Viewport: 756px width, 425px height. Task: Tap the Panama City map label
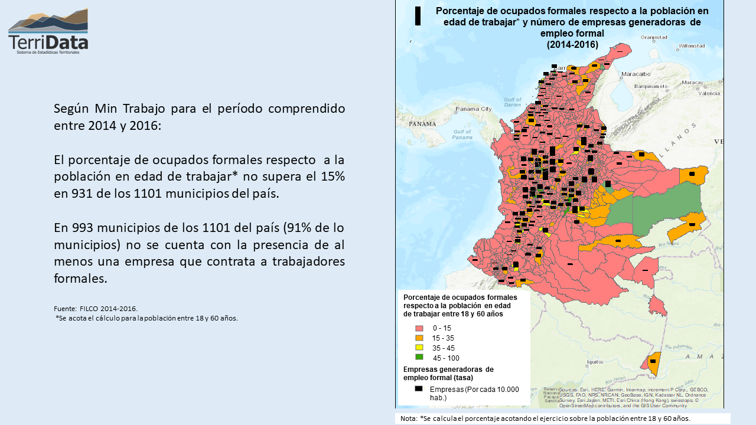click(x=473, y=109)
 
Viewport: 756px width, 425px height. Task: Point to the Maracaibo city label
click(x=636, y=74)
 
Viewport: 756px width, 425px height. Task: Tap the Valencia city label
click(x=709, y=94)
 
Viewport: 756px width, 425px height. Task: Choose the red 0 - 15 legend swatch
click(x=419, y=328)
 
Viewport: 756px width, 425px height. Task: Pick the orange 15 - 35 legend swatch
click(x=419, y=338)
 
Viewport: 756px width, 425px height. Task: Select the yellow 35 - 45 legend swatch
click(x=419, y=348)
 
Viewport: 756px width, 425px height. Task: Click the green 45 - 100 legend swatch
click(x=419, y=357)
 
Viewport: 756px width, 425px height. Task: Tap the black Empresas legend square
click(x=419, y=389)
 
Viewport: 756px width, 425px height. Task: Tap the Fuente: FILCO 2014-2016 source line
click(x=96, y=309)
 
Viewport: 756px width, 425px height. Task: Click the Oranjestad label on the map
click(x=654, y=37)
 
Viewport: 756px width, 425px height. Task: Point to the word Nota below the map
click(x=408, y=419)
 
